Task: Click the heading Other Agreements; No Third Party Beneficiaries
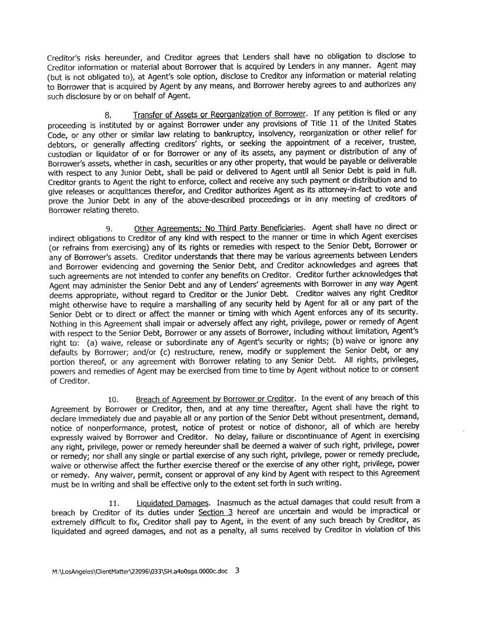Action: click(219, 228)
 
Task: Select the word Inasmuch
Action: click(235, 503)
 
